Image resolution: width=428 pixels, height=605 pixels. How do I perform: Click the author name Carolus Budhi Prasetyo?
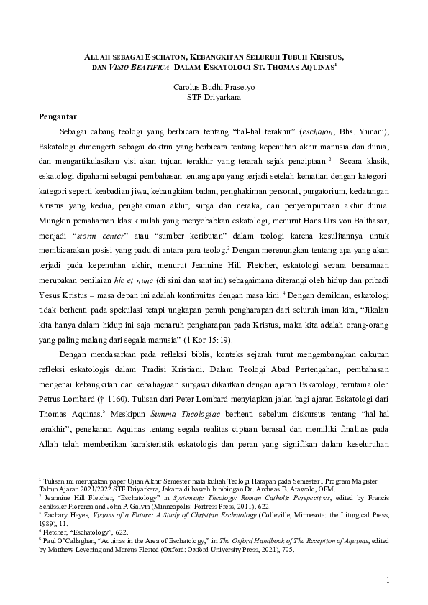[x=214, y=86]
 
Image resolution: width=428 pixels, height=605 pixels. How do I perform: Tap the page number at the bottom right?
[x=386, y=580]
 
